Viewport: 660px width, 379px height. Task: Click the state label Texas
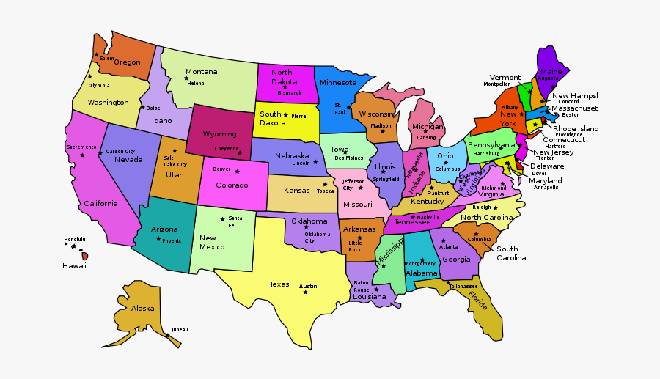pyautogui.click(x=279, y=284)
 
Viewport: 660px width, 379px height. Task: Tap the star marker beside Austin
pyautogui.click(x=304, y=292)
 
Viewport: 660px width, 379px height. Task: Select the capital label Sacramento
pyautogui.click(x=81, y=147)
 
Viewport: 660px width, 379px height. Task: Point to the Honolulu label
pyautogui.click(x=75, y=240)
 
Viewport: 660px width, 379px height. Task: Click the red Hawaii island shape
pyautogui.click(x=85, y=256)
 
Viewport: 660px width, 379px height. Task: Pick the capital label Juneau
pyautogui.click(x=180, y=330)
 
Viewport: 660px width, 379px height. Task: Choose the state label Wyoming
pyautogui.click(x=219, y=134)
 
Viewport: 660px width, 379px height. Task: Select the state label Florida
pyautogui.click(x=478, y=301)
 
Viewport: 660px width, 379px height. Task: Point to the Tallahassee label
pyautogui.click(x=463, y=286)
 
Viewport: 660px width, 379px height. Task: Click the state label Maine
pyautogui.click(x=551, y=72)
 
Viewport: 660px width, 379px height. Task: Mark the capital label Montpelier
pyautogui.click(x=496, y=84)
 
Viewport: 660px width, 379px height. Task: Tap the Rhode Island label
pyautogui.click(x=575, y=128)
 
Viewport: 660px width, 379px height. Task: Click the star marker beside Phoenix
pyautogui.click(x=156, y=239)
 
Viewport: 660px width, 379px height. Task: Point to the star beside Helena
pyautogui.click(x=186, y=78)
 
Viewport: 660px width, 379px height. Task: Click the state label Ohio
pyautogui.click(x=445, y=156)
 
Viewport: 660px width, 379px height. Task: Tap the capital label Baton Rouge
pyautogui.click(x=362, y=286)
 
